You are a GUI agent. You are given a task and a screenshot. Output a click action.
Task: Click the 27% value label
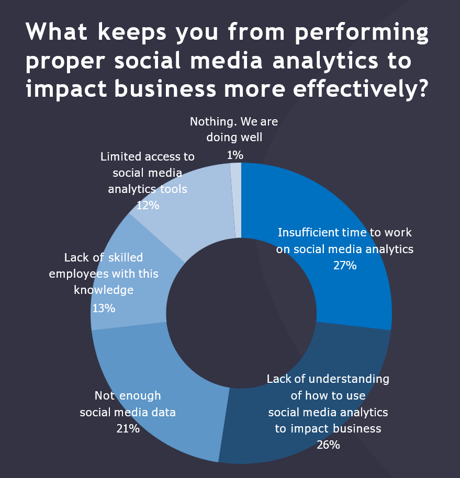[x=345, y=266]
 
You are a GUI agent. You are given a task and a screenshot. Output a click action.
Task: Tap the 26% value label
[x=328, y=445]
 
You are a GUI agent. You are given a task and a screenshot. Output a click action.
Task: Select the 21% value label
[x=128, y=429]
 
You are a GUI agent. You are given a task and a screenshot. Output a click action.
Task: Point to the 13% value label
[x=103, y=308]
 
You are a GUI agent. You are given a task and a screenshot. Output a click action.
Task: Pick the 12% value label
[x=148, y=205]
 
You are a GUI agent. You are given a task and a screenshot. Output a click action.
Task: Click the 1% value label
[x=235, y=155]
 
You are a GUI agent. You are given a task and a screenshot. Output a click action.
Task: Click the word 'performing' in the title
[x=361, y=33]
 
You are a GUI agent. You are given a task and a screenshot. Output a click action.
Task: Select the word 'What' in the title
[x=60, y=33]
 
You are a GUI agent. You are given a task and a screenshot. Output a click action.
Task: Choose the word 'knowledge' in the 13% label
[x=104, y=290]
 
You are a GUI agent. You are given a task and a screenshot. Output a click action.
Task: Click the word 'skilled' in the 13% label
[x=124, y=257]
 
